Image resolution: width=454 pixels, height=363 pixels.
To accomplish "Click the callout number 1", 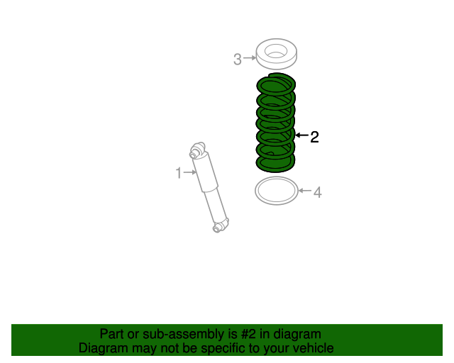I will click(x=179, y=172).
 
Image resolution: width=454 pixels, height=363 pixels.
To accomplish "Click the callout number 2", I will click(x=314, y=137).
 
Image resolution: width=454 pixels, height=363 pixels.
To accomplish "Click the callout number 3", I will click(x=238, y=60).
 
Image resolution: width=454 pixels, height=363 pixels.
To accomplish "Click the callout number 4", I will click(x=318, y=192).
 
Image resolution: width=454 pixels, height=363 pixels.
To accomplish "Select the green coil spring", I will click(x=275, y=124).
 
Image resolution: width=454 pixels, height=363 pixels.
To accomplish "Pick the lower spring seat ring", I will click(x=275, y=191).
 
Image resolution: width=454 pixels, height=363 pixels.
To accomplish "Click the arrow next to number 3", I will click(x=249, y=58).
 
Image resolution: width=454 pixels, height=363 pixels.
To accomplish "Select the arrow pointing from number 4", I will click(x=304, y=191).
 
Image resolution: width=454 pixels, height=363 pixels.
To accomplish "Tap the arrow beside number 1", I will click(x=191, y=172).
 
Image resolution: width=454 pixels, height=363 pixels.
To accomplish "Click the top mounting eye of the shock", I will click(x=197, y=150).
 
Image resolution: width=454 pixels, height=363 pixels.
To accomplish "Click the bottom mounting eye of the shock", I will click(x=221, y=227).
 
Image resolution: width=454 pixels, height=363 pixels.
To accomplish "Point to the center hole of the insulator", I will click(x=276, y=51).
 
